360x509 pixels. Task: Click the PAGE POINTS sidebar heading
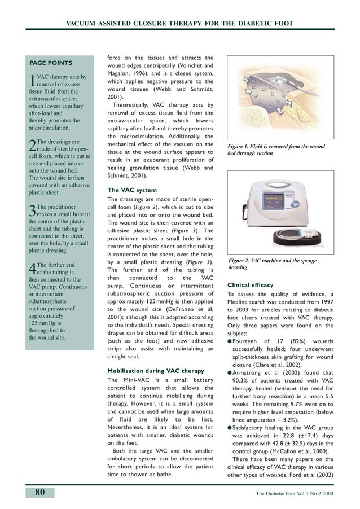coord(50,63)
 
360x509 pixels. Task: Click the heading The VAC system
coord(132,190)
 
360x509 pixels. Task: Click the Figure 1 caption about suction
coord(276,150)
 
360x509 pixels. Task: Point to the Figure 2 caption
coord(273,264)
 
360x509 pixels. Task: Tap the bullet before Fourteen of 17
coord(230,341)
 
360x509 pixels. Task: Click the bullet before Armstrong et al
coord(230,372)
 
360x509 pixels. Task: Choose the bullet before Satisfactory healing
coord(230,428)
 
